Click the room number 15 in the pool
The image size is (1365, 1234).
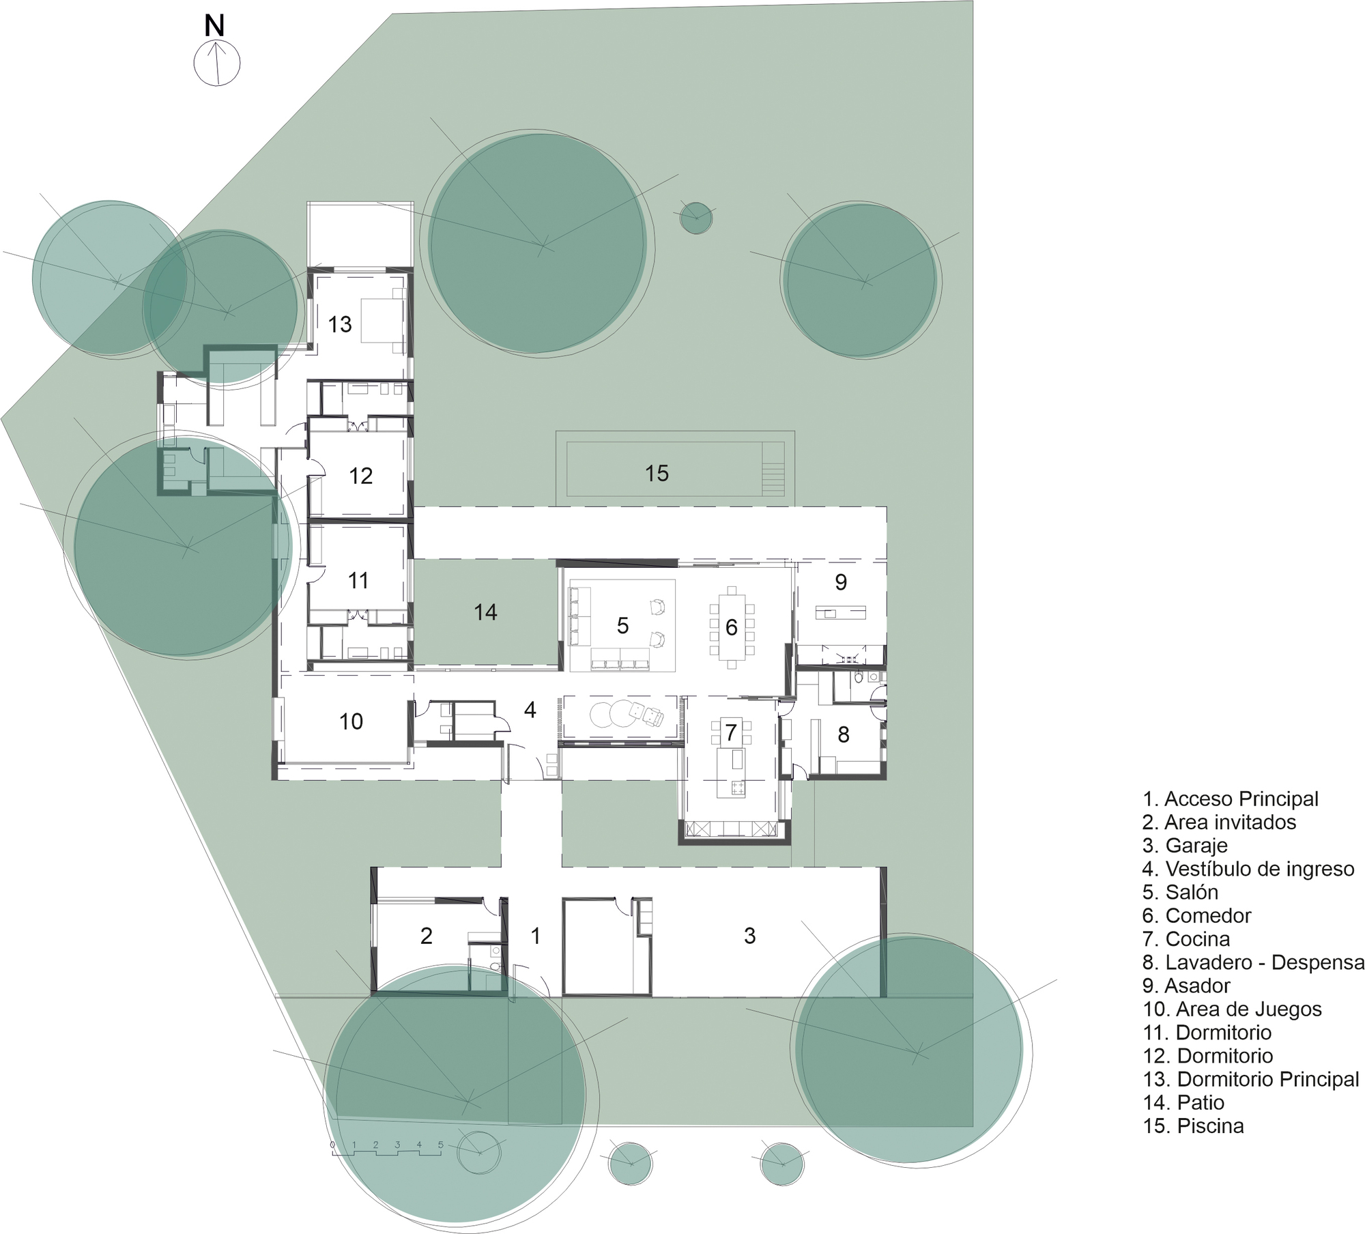pyautogui.click(x=657, y=473)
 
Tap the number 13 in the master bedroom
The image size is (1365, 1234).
pyautogui.click(x=339, y=324)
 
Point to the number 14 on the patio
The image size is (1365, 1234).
pyautogui.click(x=485, y=612)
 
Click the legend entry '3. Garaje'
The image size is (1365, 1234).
pyautogui.click(x=1185, y=845)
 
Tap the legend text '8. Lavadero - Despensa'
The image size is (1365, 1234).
pyautogui.click(x=1253, y=962)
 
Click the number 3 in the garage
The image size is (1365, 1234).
pyautogui.click(x=749, y=936)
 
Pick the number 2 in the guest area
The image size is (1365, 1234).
pyautogui.click(x=426, y=936)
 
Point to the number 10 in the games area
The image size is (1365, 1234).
pyautogui.click(x=351, y=721)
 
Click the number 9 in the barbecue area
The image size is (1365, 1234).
pyautogui.click(x=841, y=582)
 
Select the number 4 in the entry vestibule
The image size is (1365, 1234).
pyautogui.click(x=530, y=710)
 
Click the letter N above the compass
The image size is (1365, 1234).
pyautogui.click(x=214, y=26)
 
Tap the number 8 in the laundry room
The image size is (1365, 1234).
pyautogui.click(x=844, y=734)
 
